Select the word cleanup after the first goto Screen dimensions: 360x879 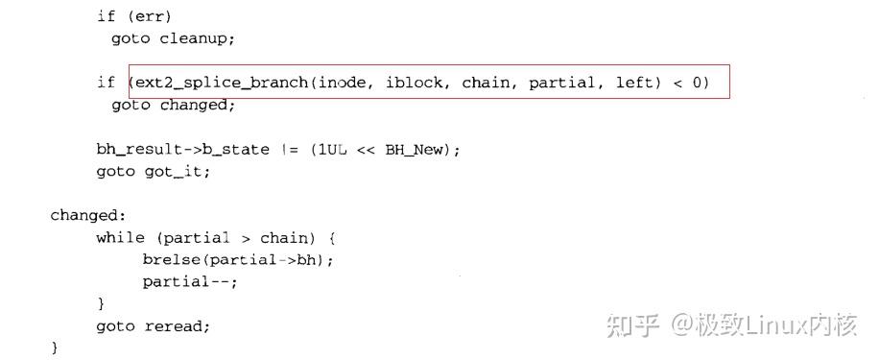point(199,38)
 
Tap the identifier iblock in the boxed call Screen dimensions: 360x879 point(416,83)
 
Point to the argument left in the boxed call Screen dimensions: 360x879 point(634,83)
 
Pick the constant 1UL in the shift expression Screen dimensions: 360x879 point(330,150)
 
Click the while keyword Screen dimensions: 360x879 point(120,238)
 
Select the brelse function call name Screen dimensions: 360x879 point(171,260)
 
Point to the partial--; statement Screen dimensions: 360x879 point(190,282)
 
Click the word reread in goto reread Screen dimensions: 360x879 point(177,326)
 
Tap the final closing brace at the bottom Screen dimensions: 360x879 point(55,348)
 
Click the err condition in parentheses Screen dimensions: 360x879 point(138,16)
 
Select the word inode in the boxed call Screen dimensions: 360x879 point(343,83)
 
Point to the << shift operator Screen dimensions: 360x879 point(366,150)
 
